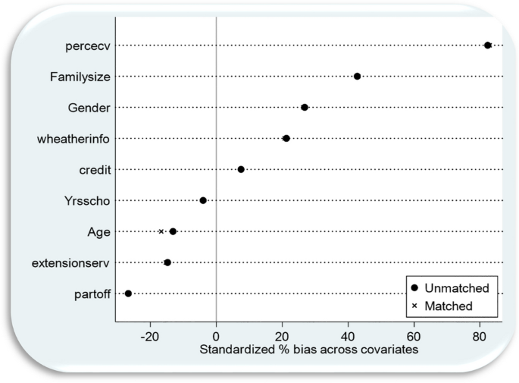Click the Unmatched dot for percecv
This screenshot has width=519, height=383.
(x=488, y=46)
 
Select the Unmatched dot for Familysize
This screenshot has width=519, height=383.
(x=358, y=77)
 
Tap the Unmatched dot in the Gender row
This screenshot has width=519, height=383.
(x=305, y=108)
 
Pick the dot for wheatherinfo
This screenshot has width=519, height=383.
(x=286, y=138)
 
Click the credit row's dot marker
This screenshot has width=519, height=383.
(x=241, y=169)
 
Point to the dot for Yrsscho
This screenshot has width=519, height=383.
(x=203, y=200)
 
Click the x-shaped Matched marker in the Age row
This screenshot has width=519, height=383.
(x=161, y=231)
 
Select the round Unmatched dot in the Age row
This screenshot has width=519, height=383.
(x=173, y=231)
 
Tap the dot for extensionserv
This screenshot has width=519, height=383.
(x=167, y=262)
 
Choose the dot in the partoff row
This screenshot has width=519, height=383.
(x=128, y=294)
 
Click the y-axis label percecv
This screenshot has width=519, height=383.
(x=88, y=46)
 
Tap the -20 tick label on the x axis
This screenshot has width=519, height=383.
(x=150, y=334)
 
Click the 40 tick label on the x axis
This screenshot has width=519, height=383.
(x=348, y=334)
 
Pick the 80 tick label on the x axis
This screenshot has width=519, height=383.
(x=479, y=334)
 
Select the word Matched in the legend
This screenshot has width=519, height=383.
(x=448, y=306)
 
